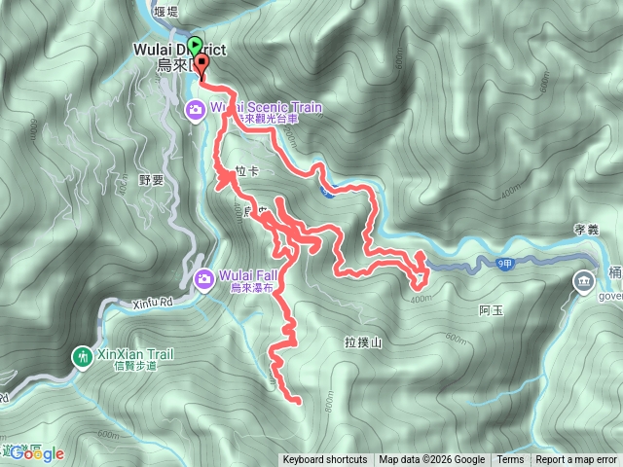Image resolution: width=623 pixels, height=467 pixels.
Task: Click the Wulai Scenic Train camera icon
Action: tap(196, 112)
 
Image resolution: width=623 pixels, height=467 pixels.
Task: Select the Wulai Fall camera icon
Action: tap(204, 280)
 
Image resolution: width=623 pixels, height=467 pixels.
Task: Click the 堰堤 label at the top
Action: tap(165, 12)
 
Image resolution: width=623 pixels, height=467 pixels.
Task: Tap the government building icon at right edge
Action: tap(583, 282)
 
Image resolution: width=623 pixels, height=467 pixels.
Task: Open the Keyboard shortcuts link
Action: tap(325, 460)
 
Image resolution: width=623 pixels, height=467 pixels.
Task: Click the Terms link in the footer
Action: tap(510, 460)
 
